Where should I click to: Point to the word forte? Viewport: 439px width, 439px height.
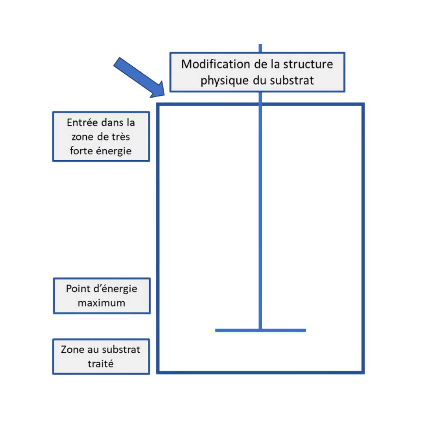point(81,151)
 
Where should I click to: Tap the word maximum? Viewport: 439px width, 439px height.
point(101,303)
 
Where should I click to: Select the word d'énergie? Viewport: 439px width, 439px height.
point(115,289)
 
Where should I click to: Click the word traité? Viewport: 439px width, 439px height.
point(100,364)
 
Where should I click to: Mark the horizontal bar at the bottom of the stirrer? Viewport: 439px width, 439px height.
point(261,330)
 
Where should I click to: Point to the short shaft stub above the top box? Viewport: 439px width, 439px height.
point(261,48)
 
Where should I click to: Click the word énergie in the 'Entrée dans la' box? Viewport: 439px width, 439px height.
point(113,151)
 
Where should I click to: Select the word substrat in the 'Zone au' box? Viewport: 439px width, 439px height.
point(121,350)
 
